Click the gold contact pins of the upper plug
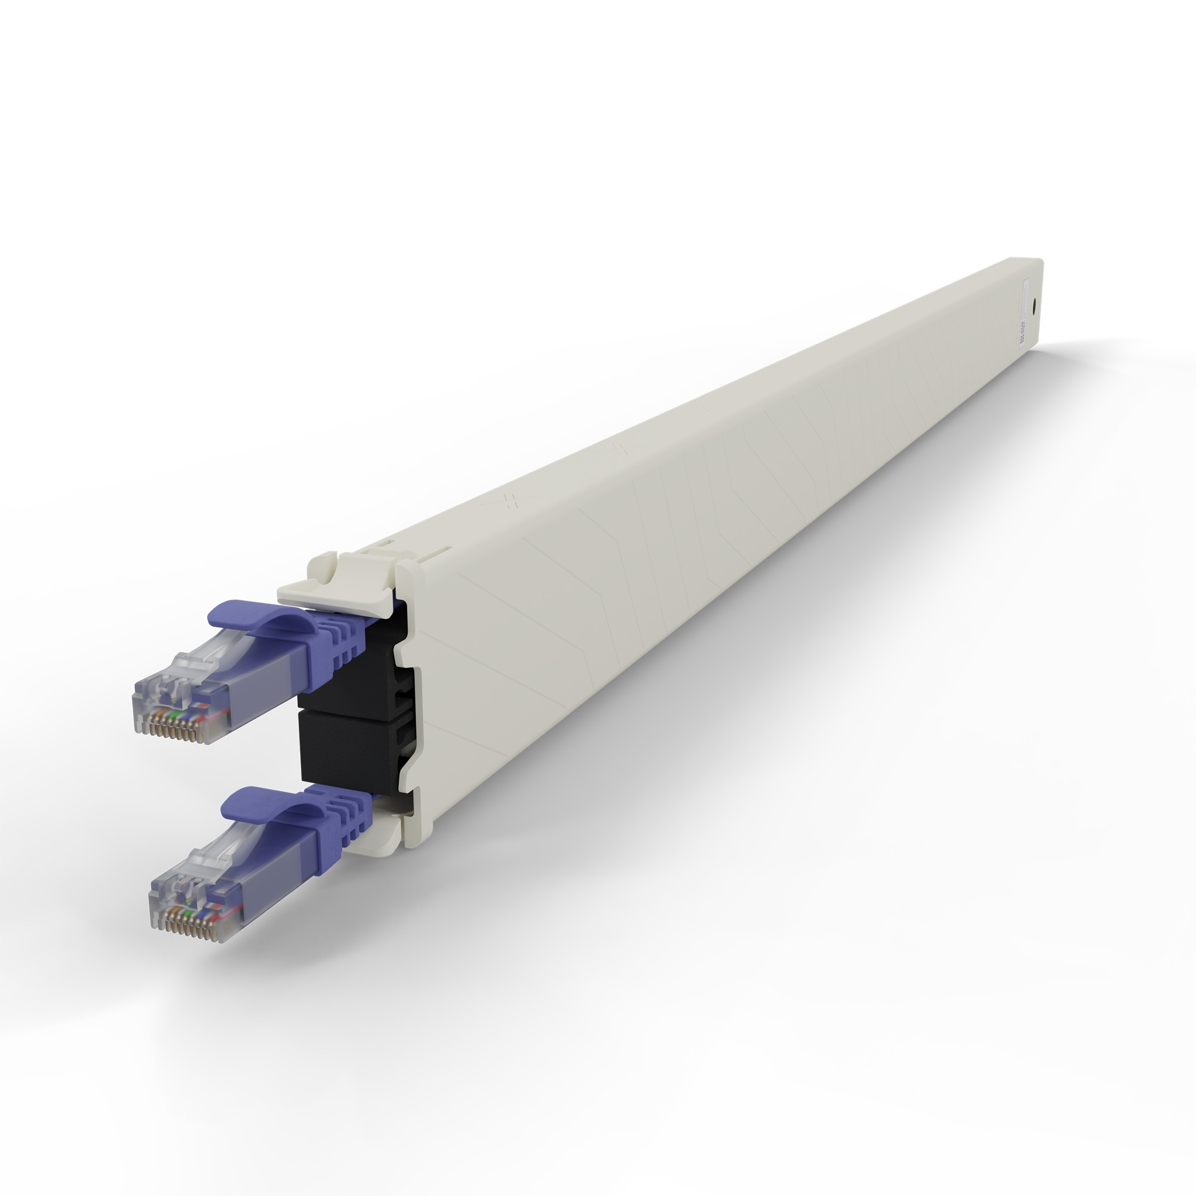(171, 731)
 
